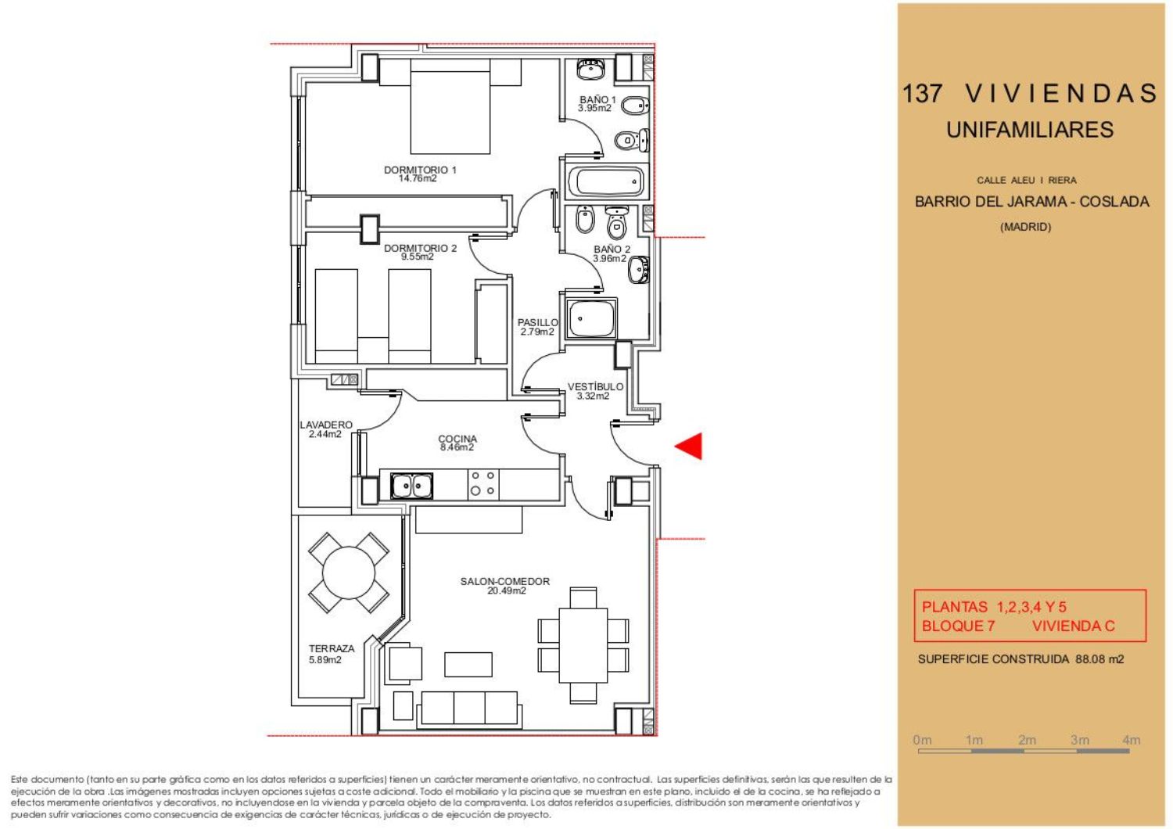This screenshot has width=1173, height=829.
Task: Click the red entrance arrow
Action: pyautogui.click(x=689, y=447)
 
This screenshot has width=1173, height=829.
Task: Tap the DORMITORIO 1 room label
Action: pyautogui.click(x=420, y=170)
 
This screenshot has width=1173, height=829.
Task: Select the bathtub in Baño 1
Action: pyautogui.click(x=606, y=181)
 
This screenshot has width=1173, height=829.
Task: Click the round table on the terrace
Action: pyautogui.click(x=349, y=572)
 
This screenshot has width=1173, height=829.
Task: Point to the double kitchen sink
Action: pyautogui.click(x=411, y=486)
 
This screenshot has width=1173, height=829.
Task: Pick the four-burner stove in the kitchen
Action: pyautogui.click(x=482, y=484)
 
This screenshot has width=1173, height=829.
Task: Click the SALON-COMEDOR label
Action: pyautogui.click(x=505, y=581)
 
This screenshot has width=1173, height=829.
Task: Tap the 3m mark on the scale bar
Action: pyautogui.click(x=1080, y=740)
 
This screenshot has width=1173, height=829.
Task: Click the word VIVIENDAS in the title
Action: pyautogui.click(x=1061, y=94)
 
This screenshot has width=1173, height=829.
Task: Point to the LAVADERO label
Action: pyautogui.click(x=326, y=425)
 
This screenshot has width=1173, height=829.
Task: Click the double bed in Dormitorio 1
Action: pyautogui.click(x=450, y=106)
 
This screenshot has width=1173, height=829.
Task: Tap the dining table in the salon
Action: pyautogui.click(x=583, y=645)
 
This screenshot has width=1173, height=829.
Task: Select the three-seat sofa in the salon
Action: pyautogui.click(x=469, y=709)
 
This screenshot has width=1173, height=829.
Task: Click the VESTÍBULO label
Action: pyautogui.click(x=595, y=386)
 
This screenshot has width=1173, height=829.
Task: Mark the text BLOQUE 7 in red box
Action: pyautogui.click(x=958, y=626)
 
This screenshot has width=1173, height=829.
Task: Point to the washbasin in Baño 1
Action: pyautogui.click(x=590, y=69)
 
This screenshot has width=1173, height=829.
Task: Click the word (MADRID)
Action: pyautogui.click(x=1025, y=227)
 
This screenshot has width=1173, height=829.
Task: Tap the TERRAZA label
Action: pyautogui.click(x=332, y=648)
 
